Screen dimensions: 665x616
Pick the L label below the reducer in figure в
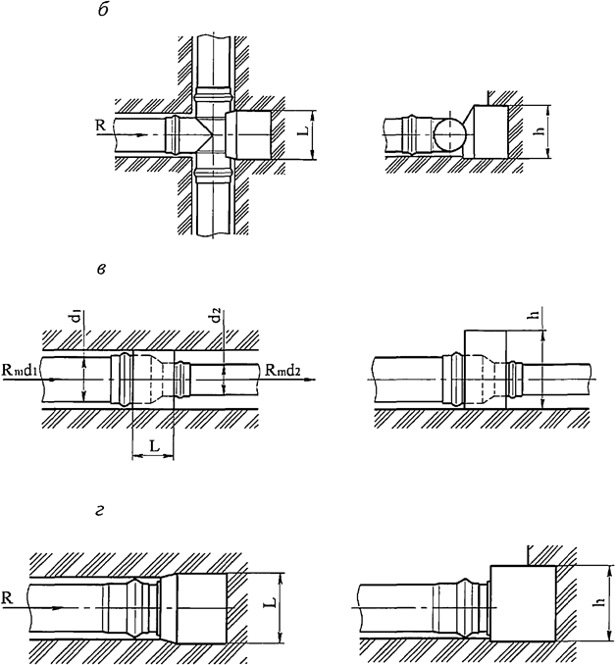(152, 445)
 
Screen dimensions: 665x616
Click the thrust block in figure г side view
(522, 603)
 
